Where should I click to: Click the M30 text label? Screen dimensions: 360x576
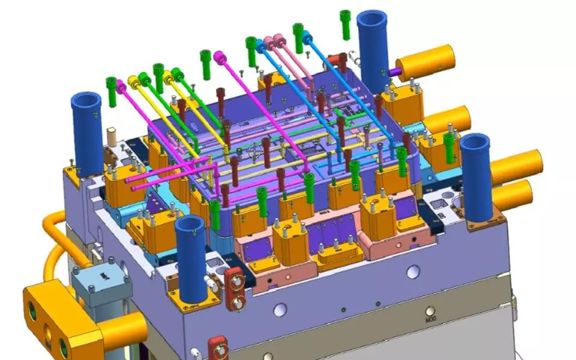click(429, 319)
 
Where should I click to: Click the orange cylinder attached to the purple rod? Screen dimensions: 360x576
click(425, 62)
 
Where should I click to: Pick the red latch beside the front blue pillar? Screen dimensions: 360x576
click(234, 289)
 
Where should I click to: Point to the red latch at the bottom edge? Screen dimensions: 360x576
click(217, 348)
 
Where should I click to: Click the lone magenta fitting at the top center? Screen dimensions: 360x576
click(220, 58)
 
